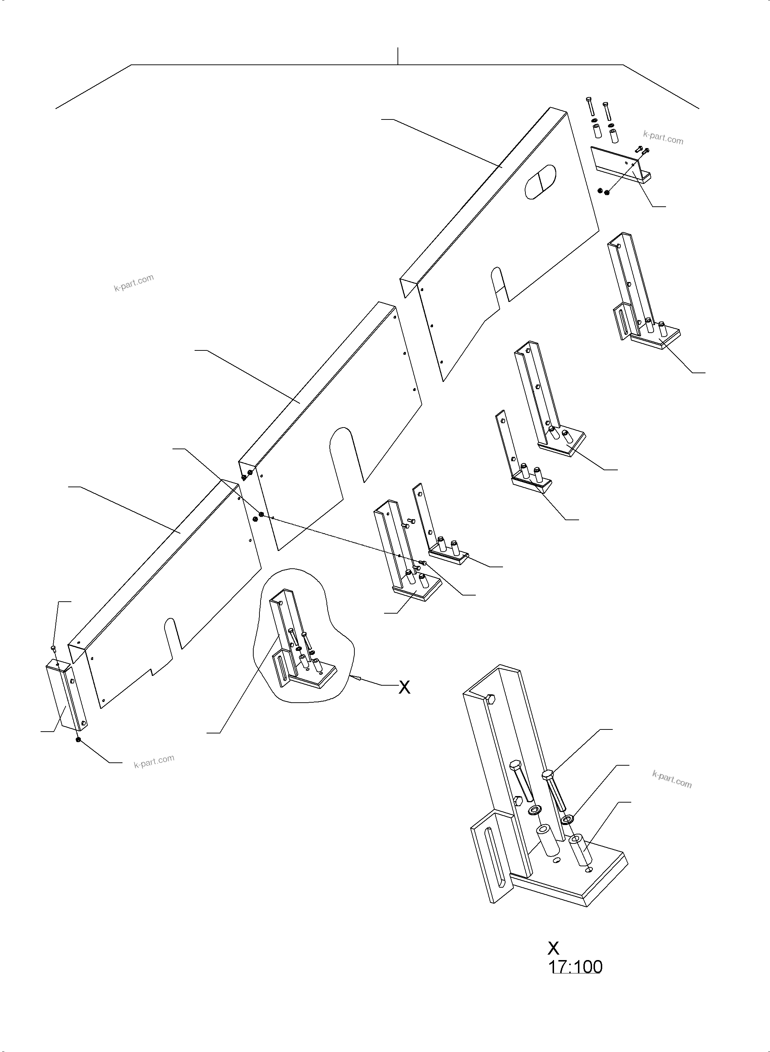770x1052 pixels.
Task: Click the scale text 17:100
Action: click(x=575, y=967)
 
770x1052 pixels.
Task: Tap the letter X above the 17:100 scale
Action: click(x=553, y=948)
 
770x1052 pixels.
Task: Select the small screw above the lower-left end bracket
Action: click(x=53, y=648)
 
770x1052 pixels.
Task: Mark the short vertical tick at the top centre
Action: click(x=398, y=55)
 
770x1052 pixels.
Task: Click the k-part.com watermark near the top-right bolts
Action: click(x=663, y=138)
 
